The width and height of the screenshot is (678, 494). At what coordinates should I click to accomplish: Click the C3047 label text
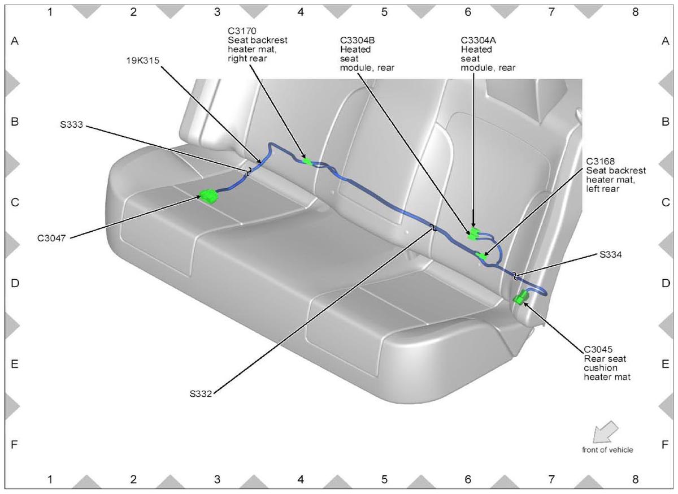51,239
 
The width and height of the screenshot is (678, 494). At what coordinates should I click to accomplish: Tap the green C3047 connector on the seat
208,196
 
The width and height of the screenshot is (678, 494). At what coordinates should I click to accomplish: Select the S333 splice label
71,124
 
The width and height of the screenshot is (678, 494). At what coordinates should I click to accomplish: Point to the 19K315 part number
142,60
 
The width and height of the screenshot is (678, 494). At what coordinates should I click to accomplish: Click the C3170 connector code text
242,31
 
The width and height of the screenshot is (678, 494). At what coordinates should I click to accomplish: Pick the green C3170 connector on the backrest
307,162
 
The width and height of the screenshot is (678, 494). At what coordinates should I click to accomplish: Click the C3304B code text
357,40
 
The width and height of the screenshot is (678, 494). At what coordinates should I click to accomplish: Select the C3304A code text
478,40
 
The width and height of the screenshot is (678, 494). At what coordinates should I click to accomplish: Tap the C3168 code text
600,161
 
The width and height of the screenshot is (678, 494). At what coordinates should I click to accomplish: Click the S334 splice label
611,255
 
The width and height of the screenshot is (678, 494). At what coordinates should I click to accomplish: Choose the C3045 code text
598,349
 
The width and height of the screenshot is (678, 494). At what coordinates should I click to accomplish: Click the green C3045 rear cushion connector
520,297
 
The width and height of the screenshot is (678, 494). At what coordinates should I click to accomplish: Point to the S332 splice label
201,394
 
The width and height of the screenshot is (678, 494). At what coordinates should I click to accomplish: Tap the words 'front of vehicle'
607,450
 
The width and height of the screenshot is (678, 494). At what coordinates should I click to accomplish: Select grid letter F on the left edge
14,444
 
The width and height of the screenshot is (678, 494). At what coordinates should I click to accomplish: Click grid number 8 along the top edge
635,12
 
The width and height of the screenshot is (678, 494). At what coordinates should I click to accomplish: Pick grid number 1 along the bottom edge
50,479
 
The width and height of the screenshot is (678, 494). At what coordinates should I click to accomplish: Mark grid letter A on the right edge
666,41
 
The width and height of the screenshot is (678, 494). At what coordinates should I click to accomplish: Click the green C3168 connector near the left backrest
481,256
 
